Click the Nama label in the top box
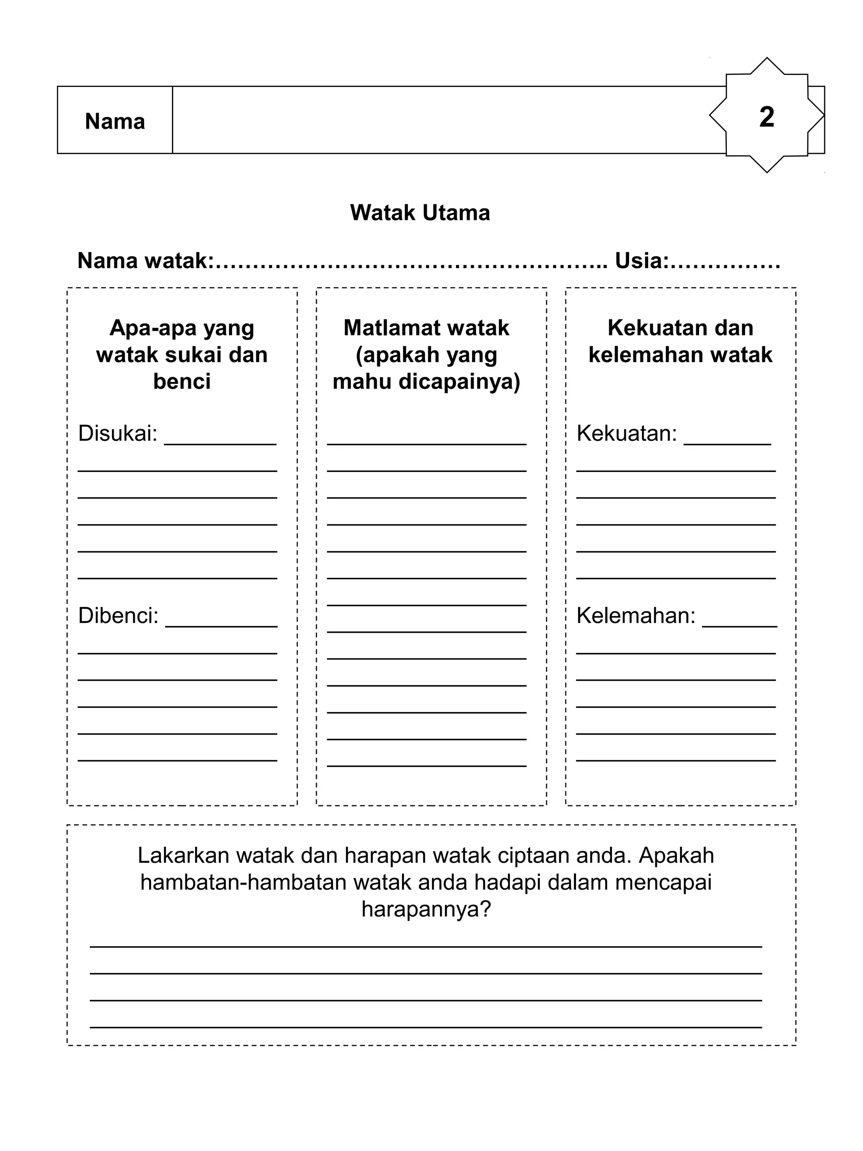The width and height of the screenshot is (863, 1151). click(x=115, y=122)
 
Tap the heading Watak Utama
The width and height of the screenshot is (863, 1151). click(x=420, y=213)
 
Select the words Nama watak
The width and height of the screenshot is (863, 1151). click(x=145, y=261)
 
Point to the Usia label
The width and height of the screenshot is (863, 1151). click(x=641, y=261)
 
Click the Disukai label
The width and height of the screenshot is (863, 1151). click(x=118, y=433)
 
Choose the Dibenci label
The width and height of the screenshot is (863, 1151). click(x=118, y=616)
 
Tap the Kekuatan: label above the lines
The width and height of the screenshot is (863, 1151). click(x=626, y=433)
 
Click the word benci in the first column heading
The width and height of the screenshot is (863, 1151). click(x=182, y=381)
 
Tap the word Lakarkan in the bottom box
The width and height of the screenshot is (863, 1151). click(x=182, y=856)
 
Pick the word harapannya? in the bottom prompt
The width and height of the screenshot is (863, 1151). click(x=426, y=910)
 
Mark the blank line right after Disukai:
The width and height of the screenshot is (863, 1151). click(x=220, y=443)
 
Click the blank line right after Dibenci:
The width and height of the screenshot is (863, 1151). click(x=221, y=625)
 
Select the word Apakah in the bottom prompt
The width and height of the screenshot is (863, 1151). click(x=676, y=856)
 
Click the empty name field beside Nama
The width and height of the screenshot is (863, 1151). click(x=448, y=120)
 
